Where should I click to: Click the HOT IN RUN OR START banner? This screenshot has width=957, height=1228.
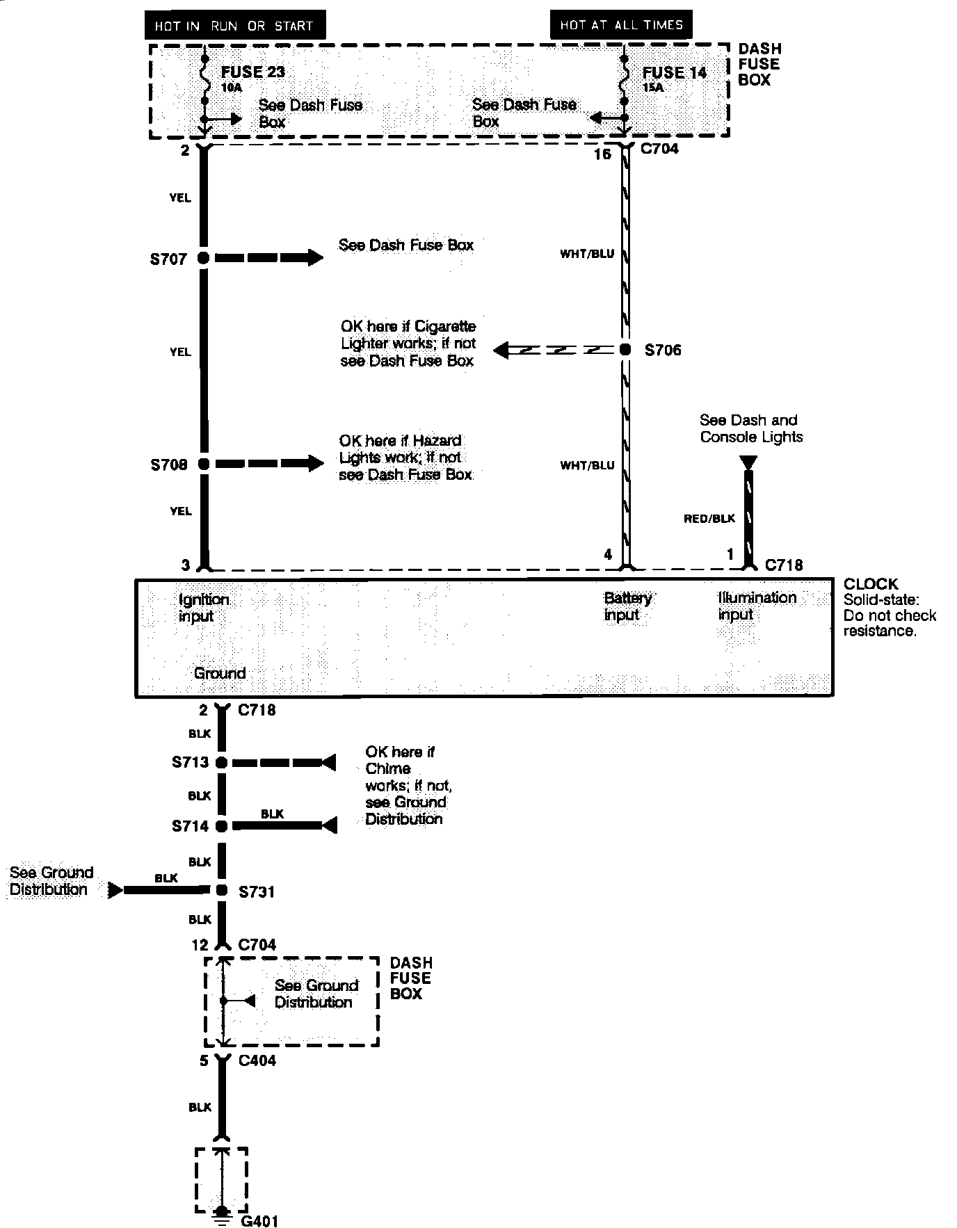click(234, 26)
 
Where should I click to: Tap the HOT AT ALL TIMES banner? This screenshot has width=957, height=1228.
click(621, 25)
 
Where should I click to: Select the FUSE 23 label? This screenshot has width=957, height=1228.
click(253, 72)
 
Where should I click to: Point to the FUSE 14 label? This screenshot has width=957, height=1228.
click(674, 72)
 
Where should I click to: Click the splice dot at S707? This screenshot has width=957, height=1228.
click(203, 258)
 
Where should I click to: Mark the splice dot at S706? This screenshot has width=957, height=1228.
click(625, 350)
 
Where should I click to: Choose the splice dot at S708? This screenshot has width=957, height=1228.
click(203, 464)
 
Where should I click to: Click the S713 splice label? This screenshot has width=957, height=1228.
click(190, 762)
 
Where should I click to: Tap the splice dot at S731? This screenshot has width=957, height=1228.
click(221, 890)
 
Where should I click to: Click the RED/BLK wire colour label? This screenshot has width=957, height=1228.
click(709, 519)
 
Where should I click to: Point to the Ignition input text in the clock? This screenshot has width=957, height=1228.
click(203, 608)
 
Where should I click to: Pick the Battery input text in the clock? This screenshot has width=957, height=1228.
click(627, 606)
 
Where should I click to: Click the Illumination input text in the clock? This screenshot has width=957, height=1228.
click(757, 606)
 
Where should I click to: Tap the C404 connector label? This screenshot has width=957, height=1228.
click(257, 1060)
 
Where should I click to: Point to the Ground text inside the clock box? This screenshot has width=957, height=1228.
click(220, 673)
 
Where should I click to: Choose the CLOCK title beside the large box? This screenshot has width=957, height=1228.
click(871, 584)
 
